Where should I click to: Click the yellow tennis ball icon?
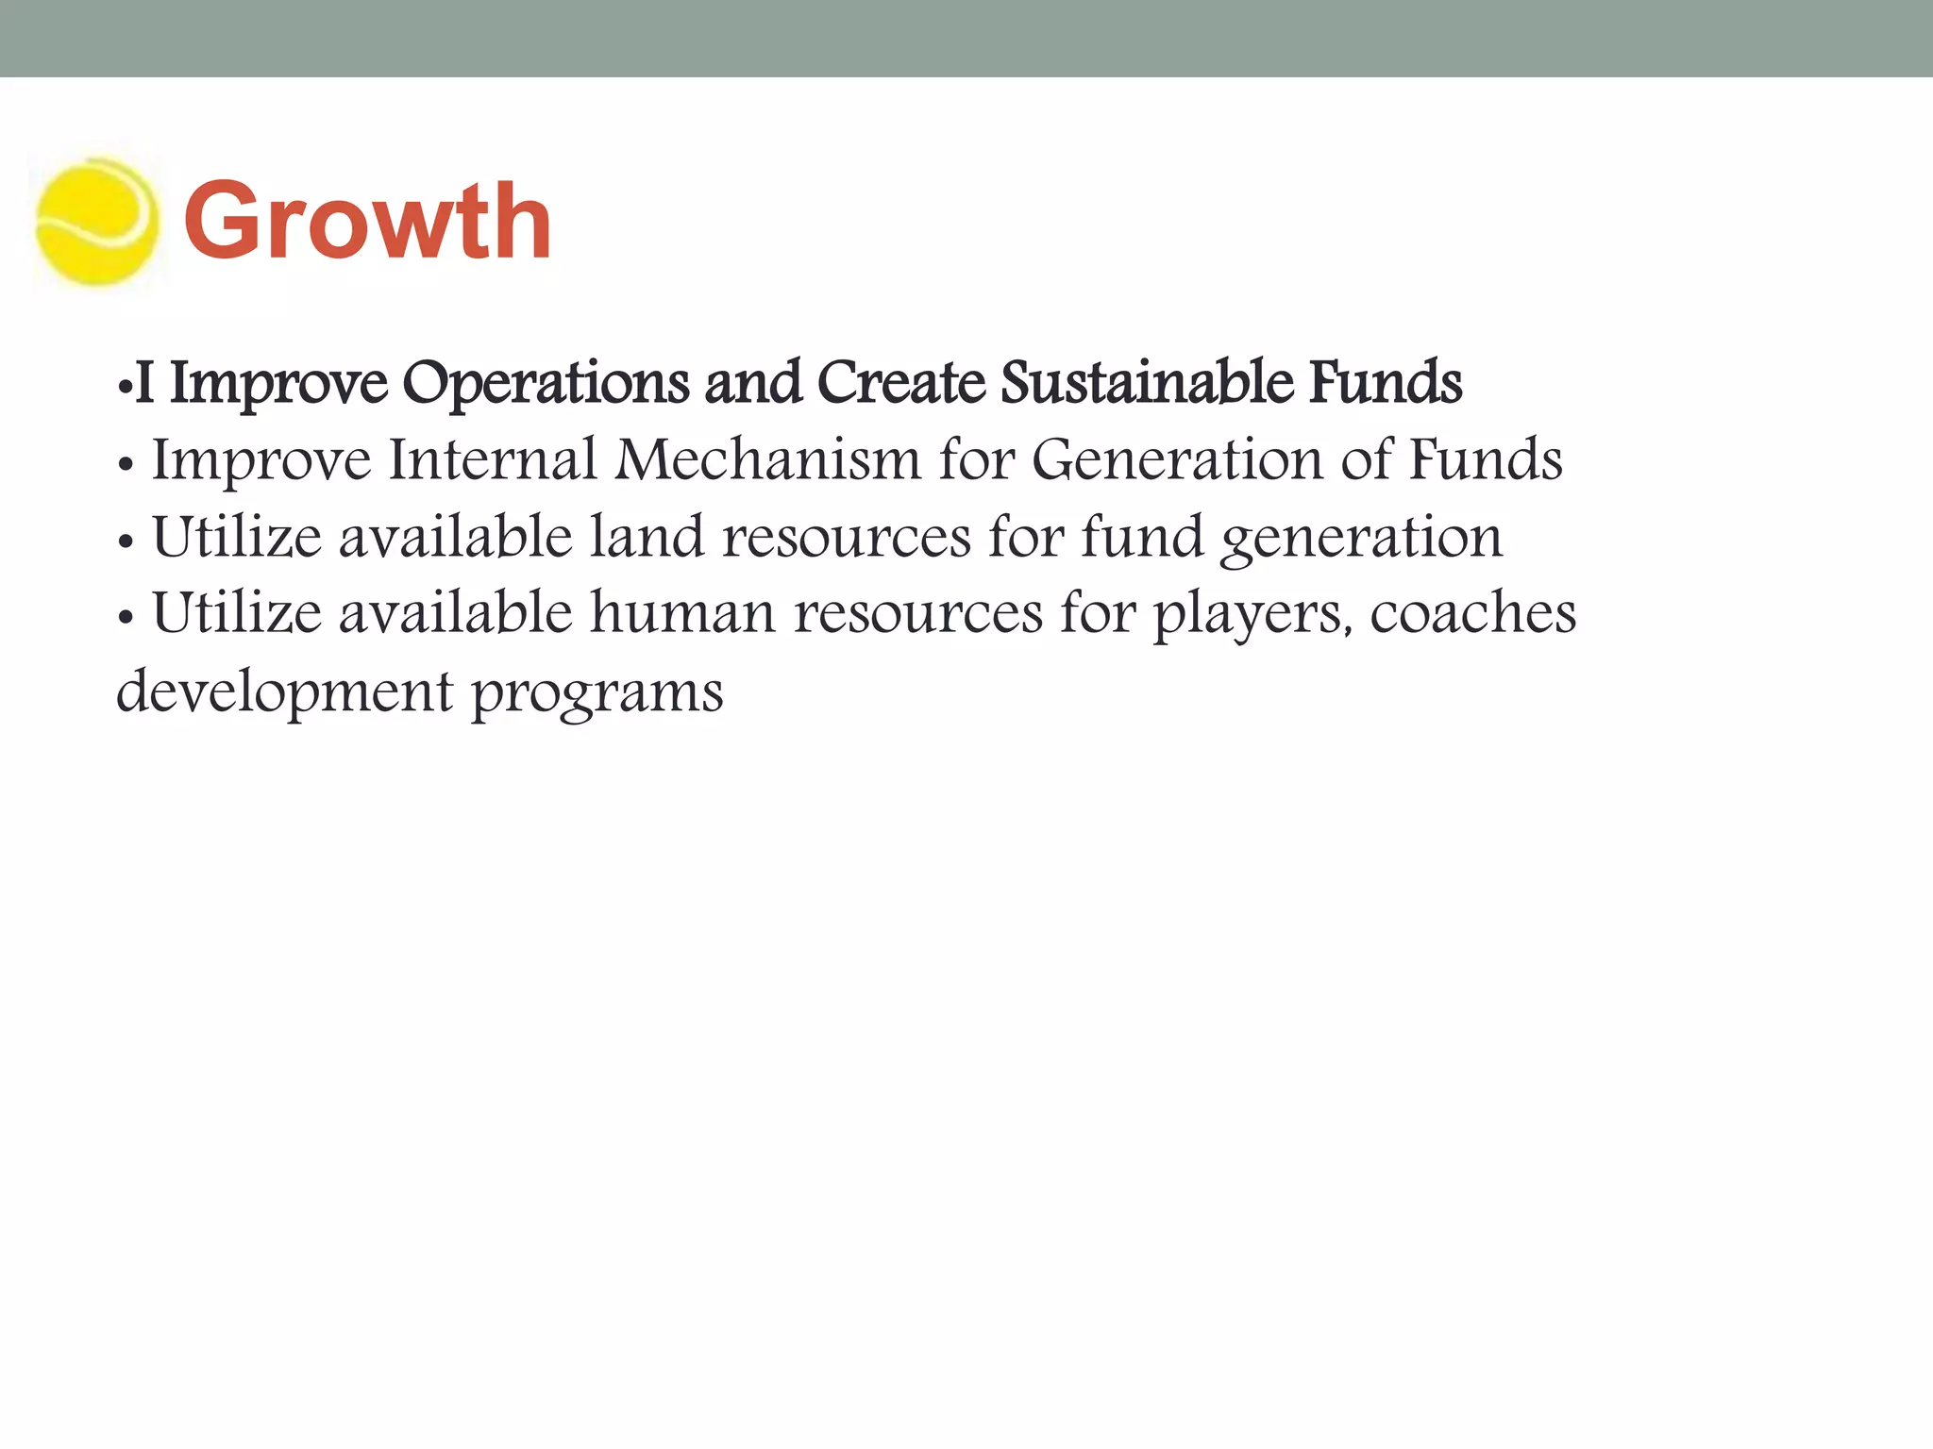click(95, 223)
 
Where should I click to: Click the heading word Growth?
click(367, 222)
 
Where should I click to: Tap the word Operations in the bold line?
click(545, 383)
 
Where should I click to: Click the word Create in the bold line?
click(900, 383)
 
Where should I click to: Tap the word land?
click(647, 537)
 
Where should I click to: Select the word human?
click(682, 613)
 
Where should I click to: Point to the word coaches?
click(1472, 613)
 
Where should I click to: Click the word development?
click(284, 693)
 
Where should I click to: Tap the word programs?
click(597, 693)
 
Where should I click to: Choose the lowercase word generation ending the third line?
click(1360, 539)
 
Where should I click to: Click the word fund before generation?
click(1142, 537)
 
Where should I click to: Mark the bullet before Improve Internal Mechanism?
click(125, 465)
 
